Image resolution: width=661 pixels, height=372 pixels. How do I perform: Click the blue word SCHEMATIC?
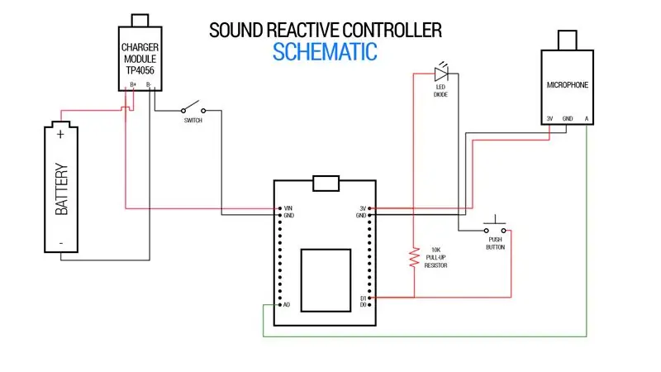[x=325, y=52]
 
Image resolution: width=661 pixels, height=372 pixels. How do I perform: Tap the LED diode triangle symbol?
[x=441, y=74]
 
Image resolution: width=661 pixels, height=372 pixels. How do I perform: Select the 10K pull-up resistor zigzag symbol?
[x=415, y=257]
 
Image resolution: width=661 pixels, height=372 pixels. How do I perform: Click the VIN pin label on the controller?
[x=288, y=208]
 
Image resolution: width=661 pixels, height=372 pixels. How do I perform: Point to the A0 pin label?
[x=287, y=304]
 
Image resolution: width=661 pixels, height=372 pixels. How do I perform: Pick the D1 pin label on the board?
[x=363, y=298]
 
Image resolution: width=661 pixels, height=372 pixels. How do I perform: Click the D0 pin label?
[x=363, y=304]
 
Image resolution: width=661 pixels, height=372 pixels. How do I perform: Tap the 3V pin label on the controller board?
[x=363, y=208]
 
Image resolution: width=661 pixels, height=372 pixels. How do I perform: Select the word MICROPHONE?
[x=568, y=85]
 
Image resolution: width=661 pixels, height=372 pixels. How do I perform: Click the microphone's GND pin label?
[x=568, y=118]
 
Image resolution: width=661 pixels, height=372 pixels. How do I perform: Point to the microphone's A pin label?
[x=587, y=118]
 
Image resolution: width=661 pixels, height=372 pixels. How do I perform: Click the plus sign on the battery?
[x=60, y=134]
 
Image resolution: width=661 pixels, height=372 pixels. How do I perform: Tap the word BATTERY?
[x=61, y=189]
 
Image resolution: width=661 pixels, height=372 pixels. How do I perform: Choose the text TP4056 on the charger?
[x=140, y=70]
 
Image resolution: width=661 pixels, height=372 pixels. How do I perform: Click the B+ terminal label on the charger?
[x=133, y=85]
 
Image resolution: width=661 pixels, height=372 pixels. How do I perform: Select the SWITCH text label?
[x=193, y=120]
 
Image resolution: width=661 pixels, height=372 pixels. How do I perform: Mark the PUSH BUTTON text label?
[x=495, y=243]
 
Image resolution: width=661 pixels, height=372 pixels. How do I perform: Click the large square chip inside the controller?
[x=326, y=280]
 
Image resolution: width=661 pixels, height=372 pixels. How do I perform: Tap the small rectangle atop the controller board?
[x=326, y=184]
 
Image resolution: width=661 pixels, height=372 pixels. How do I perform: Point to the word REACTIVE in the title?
[x=303, y=31]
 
